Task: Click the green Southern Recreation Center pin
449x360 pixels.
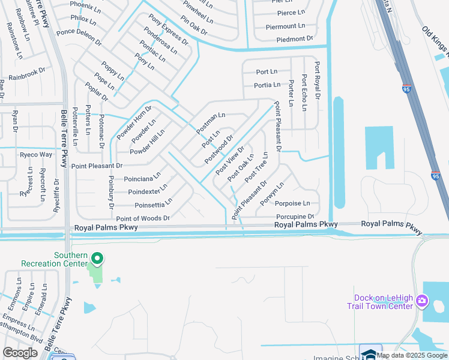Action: pyautogui.click(x=97, y=259)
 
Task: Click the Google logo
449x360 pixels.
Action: pyautogui.click(x=20, y=353)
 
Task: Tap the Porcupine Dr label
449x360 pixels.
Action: pyautogui.click(x=295, y=217)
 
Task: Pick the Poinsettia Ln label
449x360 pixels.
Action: pyautogui.click(x=154, y=205)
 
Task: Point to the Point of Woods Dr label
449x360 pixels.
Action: pyautogui.click(x=143, y=218)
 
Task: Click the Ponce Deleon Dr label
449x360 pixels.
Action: pyautogui.click(x=79, y=36)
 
